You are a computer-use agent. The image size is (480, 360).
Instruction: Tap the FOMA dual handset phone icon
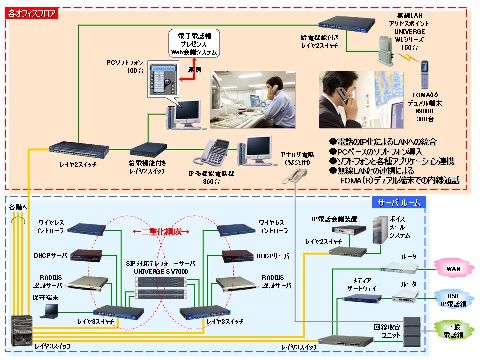tap(424, 74)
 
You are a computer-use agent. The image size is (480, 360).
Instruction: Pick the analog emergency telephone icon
tap(295, 175)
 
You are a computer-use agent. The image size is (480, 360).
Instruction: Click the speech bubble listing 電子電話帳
tap(194, 44)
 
